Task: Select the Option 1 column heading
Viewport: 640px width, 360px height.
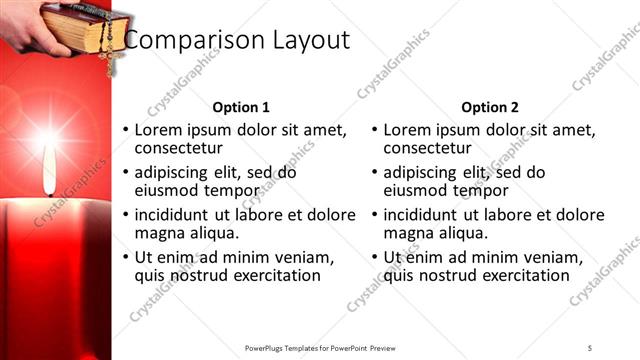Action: (x=241, y=107)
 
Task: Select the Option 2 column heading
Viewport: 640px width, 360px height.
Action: (x=490, y=107)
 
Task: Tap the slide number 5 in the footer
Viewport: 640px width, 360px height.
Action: (x=589, y=347)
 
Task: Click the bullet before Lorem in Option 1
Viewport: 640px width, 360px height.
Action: (x=125, y=131)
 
